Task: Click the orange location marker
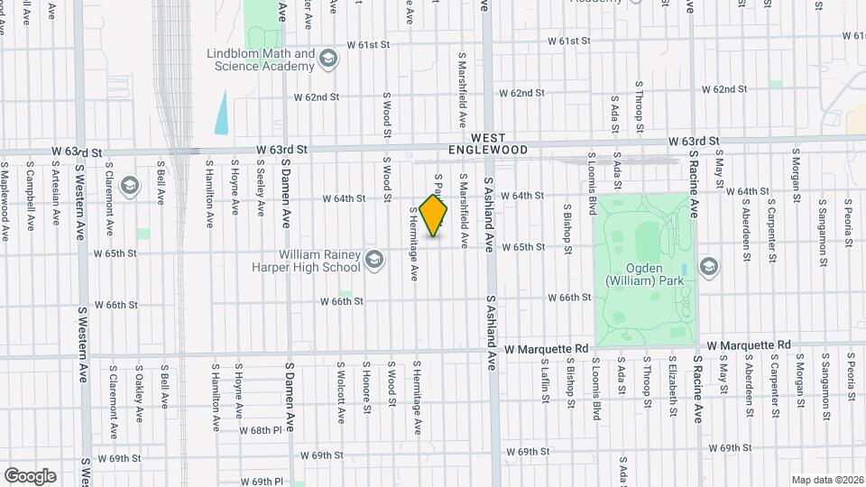click(434, 215)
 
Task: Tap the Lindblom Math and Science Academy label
click(260, 60)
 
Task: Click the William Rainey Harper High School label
click(319, 261)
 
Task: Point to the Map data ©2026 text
click(826, 480)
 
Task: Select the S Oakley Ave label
click(140, 393)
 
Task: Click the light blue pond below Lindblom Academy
click(221, 112)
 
